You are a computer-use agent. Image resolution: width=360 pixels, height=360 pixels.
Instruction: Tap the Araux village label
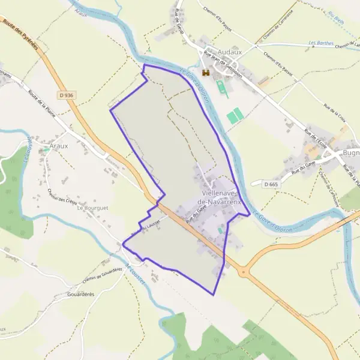coord(59,146)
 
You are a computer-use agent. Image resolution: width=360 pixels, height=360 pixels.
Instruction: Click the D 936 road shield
coord(66,95)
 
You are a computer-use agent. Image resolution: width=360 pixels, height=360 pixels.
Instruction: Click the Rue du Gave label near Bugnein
coord(304,165)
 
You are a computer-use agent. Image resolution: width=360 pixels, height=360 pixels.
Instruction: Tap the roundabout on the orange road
coord(243,272)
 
